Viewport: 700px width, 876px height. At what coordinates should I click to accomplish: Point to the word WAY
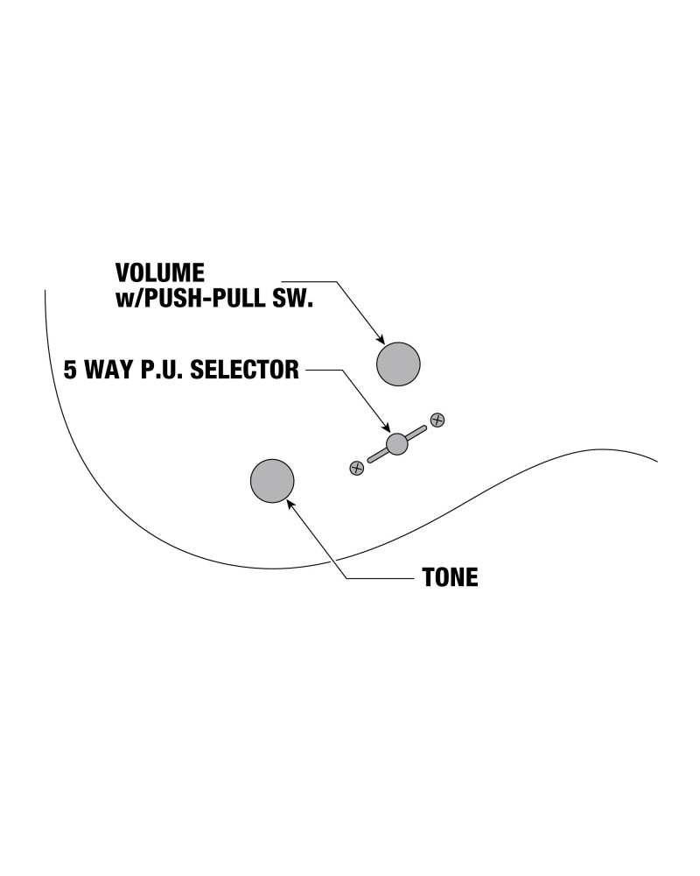point(110,370)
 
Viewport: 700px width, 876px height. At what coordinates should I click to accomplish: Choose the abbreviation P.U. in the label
point(163,370)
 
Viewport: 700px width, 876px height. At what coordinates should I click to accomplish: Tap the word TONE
point(450,578)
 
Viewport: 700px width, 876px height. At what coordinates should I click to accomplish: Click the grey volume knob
point(398,364)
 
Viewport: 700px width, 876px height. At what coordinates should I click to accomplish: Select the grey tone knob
point(272,480)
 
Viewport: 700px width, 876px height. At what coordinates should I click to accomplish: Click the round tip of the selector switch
point(397,443)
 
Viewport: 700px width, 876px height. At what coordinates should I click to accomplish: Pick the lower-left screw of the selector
point(356,468)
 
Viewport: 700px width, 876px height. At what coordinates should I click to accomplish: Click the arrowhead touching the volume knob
point(380,339)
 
